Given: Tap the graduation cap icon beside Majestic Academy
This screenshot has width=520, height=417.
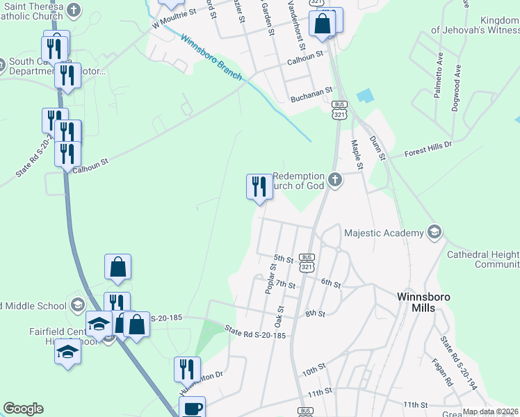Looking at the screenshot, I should (x=434, y=231).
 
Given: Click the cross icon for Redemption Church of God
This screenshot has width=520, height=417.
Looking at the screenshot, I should (x=335, y=181).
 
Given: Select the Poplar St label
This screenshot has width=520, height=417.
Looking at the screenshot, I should (x=271, y=279).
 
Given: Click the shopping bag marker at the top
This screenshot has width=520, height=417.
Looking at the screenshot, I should (x=323, y=22).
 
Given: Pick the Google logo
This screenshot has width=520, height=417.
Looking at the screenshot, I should (x=23, y=409).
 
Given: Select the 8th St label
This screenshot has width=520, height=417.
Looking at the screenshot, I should (x=315, y=313).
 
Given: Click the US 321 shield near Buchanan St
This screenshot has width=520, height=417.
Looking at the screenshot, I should (x=339, y=111).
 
